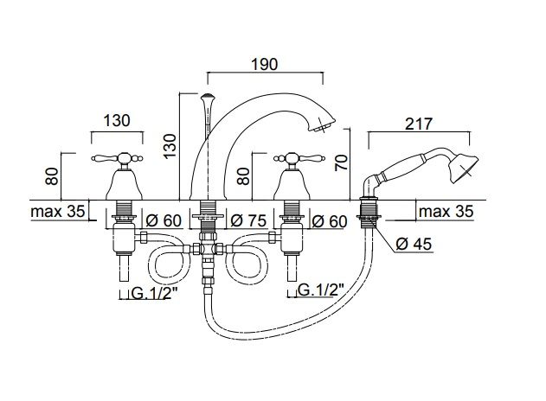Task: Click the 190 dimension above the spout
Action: click(x=265, y=64)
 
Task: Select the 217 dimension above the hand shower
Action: click(x=419, y=124)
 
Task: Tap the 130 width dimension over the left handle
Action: click(x=117, y=121)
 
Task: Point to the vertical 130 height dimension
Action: click(x=170, y=146)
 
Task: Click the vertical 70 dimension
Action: click(x=341, y=162)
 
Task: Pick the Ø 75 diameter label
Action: click(x=248, y=220)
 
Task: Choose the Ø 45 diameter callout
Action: click(x=414, y=244)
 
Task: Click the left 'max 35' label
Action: click(x=58, y=211)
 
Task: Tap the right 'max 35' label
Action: click(x=446, y=211)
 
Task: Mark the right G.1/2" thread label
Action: click(x=321, y=290)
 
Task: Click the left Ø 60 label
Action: click(x=164, y=220)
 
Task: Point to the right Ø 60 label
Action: click(x=330, y=221)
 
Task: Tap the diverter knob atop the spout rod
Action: click(x=207, y=98)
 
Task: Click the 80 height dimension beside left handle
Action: click(x=52, y=176)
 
